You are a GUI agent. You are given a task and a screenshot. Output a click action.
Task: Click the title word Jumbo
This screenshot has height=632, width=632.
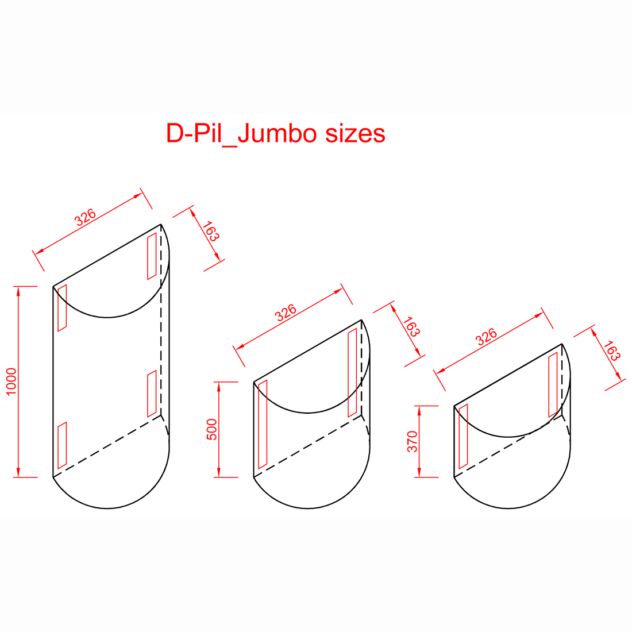[278, 133]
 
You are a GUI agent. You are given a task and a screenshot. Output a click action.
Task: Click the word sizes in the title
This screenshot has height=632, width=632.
[355, 133]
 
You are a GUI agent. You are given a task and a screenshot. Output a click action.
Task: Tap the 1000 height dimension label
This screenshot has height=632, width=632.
[11, 381]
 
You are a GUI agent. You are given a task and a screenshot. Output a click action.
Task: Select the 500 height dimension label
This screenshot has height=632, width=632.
[211, 429]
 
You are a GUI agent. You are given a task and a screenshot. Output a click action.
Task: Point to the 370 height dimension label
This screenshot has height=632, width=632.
[412, 441]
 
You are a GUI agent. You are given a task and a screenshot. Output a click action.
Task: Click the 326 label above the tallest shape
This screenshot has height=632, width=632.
[85, 217]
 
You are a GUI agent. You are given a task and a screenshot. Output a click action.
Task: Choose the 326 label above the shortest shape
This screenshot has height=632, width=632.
[486, 337]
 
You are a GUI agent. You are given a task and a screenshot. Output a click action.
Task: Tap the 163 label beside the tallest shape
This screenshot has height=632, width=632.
[211, 231]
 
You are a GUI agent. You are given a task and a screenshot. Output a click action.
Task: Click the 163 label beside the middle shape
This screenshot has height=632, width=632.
[411, 326]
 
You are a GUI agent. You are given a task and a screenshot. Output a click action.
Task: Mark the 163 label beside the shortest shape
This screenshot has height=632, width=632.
[612, 350]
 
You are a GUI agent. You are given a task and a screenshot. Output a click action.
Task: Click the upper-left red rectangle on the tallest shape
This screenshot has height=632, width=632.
[62, 308]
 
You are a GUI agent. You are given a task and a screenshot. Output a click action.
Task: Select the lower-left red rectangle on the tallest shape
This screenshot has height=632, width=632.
[62, 445]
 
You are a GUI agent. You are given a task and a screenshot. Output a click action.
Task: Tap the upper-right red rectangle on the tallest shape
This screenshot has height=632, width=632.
[152, 256]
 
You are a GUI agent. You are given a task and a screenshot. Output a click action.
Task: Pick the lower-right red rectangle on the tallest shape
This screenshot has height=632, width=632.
[152, 394]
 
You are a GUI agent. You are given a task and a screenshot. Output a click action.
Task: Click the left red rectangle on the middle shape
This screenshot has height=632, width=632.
[263, 425]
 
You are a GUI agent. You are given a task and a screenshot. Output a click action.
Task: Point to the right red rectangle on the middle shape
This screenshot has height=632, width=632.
[352, 373]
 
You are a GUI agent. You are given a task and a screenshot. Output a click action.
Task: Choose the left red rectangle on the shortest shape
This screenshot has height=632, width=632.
[463, 437]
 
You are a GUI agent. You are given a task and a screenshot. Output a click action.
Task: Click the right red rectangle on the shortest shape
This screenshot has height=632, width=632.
[553, 384]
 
